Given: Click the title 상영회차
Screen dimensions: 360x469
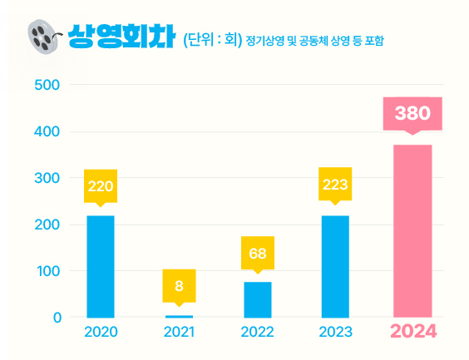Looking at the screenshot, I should (x=121, y=37).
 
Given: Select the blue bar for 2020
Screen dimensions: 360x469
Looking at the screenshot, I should (x=101, y=266).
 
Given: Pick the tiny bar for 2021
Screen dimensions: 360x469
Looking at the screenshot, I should (x=179, y=316).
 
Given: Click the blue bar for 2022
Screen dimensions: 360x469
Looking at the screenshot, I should (x=257, y=299).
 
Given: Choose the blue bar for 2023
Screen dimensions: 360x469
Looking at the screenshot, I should (x=335, y=266).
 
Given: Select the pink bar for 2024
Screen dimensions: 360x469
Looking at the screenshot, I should (x=412, y=230).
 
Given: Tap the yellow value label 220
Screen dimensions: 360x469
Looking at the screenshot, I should (x=101, y=185).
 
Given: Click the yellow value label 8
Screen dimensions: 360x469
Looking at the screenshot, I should (x=179, y=286).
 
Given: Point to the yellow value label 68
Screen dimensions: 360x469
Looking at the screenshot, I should (x=257, y=253).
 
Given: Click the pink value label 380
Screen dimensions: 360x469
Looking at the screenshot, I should (x=412, y=113).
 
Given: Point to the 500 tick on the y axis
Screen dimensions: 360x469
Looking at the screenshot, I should (x=47, y=86).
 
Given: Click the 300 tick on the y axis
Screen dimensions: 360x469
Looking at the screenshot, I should (x=47, y=179).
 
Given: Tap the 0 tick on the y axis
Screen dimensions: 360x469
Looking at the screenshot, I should (x=56, y=318).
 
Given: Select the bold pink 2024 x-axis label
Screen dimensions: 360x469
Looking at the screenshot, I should (x=413, y=332).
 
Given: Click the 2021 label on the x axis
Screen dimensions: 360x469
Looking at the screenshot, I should (x=179, y=333).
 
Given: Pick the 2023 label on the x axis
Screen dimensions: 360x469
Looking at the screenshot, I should (x=335, y=333).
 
